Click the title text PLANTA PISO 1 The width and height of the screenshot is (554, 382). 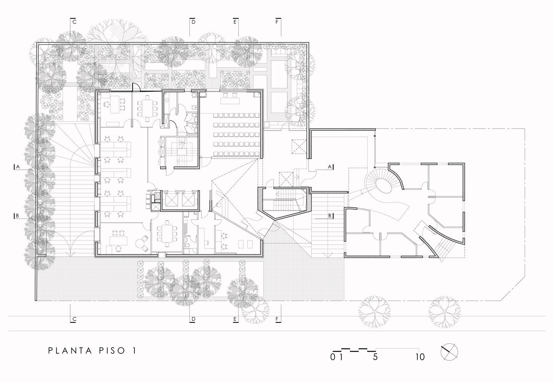click(92, 351)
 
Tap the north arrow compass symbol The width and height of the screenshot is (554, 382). click(450, 351)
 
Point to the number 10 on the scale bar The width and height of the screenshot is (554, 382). click(420, 358)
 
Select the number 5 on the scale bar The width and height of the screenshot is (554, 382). click(375, 358)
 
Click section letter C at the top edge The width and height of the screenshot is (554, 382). click(74, 22)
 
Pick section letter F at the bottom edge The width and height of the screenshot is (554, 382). click(276, 319)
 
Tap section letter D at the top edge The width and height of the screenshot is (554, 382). click(194, 22)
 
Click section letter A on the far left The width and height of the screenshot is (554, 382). click(17, 167)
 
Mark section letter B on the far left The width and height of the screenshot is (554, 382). click(17, 216)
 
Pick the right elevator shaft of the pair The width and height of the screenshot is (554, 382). click(188, 199)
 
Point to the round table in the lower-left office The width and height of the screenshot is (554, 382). click(145, 240)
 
